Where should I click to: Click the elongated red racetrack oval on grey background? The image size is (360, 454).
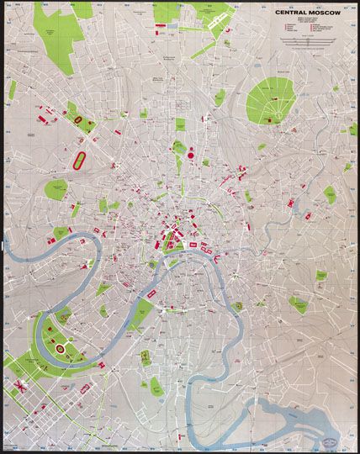(80, 158)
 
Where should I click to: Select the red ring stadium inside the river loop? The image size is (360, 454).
(60, 345)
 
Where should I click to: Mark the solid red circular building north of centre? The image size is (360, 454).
(189, 154)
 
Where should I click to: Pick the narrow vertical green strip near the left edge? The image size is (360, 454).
(11, 91)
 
